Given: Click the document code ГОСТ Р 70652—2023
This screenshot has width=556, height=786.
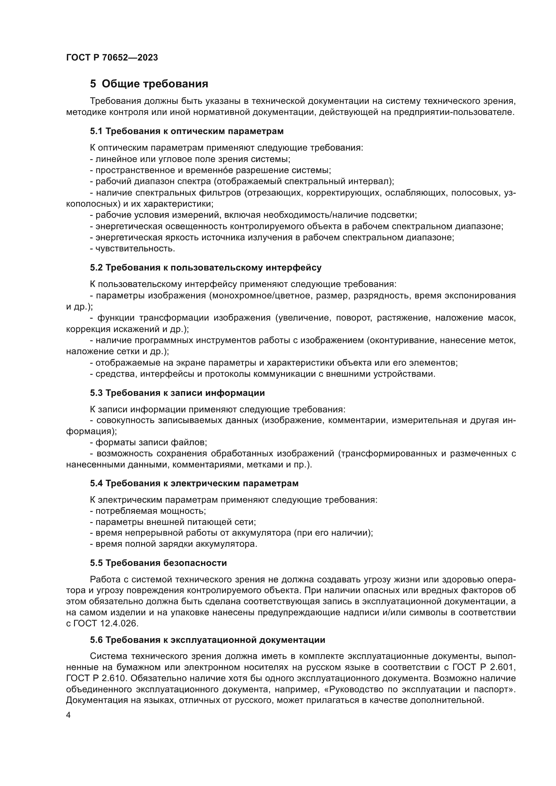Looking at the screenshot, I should tap(112, 57).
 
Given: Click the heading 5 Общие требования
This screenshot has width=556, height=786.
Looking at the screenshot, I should tap(149, 84).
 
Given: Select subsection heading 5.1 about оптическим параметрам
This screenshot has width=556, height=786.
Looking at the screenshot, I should tap(187, 131).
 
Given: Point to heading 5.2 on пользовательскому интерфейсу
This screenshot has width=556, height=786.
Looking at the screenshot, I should tap(205, 268).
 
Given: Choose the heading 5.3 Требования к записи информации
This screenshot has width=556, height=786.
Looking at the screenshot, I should tap(177, 393).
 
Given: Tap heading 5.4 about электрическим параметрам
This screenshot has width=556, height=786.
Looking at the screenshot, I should tap(194, 483).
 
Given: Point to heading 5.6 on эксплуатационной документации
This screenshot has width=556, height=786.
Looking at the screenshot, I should tap(207, 640).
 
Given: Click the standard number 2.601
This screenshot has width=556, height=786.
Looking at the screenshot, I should tap(503, 667).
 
